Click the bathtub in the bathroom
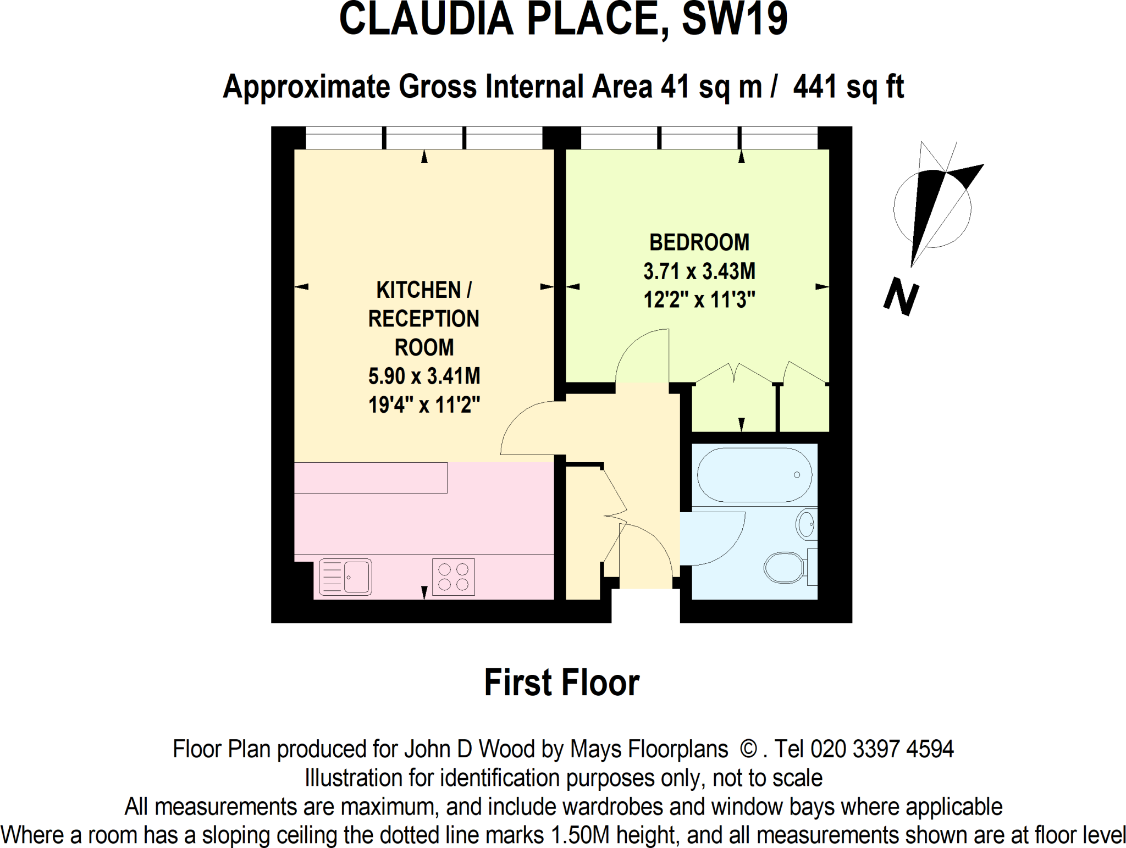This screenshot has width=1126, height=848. (754, 475)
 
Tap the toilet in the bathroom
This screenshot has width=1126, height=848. (785, 567)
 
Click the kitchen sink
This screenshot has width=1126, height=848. (346, 577)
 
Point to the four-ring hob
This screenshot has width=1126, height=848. (453, 577)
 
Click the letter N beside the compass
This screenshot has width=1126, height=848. (901, 297)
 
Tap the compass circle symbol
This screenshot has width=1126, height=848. (932, 209)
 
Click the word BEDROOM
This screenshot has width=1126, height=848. (699, 242)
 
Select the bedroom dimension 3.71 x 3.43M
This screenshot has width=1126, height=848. (699, 271)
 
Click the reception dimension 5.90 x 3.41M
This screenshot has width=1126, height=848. (424, 376)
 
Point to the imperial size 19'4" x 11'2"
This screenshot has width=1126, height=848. (424, 405)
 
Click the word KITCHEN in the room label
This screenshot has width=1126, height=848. (418, 290)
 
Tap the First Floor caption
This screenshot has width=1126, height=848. (561, 683)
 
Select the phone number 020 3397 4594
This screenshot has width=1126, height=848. (882, 749)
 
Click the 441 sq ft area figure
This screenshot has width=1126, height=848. (848, 87)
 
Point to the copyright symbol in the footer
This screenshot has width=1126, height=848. (748, 749)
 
